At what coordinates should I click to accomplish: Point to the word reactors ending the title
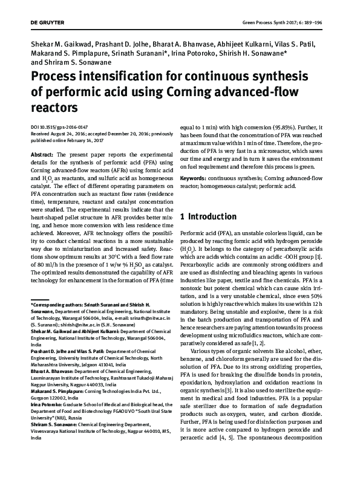pyautogui.click(x=54, y=108)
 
